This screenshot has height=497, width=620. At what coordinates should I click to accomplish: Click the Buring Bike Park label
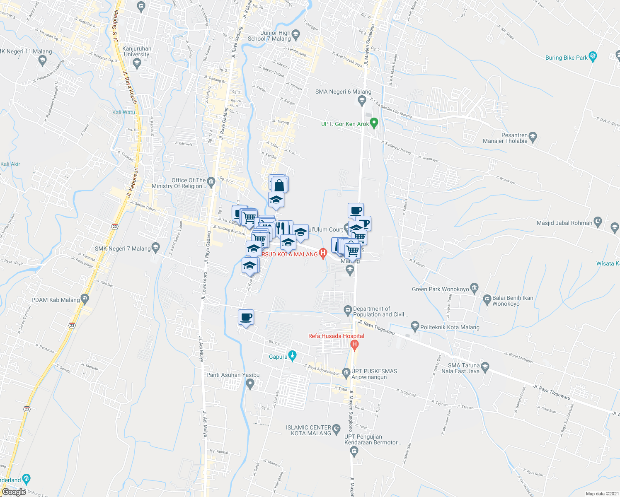click(x=566, y=58)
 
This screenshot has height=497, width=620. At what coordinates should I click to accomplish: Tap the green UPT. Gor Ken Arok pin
click(x=374, y=123)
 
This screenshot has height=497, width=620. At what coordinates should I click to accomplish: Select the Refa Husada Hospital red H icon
click(x=354, y=344)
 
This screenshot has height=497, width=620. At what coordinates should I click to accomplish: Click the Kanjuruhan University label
click(x=137, y=51)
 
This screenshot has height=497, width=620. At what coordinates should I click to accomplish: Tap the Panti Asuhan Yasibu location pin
click(x=250, y=384)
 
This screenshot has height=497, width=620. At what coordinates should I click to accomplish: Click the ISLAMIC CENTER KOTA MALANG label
click(x=308, y=430)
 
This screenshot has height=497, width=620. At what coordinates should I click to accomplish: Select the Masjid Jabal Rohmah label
click(x=564, y=223)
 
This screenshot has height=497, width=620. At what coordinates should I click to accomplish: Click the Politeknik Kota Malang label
click(x=450, y=327)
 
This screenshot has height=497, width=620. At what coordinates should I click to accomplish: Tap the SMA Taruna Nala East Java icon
click(x=486, y=367)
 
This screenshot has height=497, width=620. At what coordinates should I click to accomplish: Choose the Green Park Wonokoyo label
click(x=440, y=289)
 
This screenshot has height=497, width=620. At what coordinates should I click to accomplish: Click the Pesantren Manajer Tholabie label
click(x=505, y=138)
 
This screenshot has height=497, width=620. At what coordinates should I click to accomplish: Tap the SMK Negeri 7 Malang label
click(x=123, y=248)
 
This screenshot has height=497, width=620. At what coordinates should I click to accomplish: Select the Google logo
click(x=14, y=492)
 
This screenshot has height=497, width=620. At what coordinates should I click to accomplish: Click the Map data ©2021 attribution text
click(x=601, y=494)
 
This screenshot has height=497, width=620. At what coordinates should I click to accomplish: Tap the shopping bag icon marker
click(x=279, y=185)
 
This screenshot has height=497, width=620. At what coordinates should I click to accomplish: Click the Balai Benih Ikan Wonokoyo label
click(x=513, y=301)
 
